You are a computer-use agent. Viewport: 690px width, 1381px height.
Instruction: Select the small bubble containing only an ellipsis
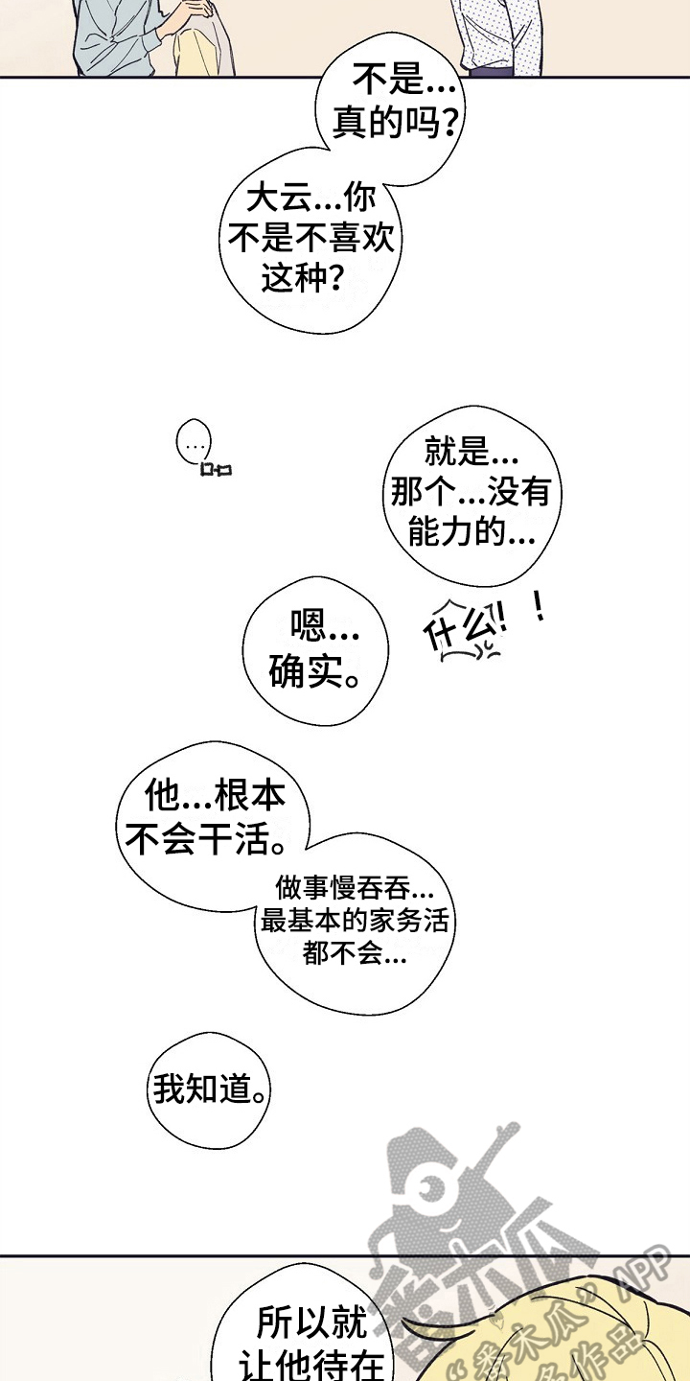coord(194,445)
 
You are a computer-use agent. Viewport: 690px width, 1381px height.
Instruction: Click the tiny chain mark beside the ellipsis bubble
coord(217,469)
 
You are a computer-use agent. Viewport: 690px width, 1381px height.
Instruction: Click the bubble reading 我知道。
coord(209,1089)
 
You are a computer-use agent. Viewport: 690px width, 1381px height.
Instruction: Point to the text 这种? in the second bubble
coord(303,278)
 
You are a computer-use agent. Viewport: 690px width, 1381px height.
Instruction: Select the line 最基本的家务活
coord(354,922)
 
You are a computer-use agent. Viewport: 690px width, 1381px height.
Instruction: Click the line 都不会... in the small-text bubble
coord(354,955)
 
